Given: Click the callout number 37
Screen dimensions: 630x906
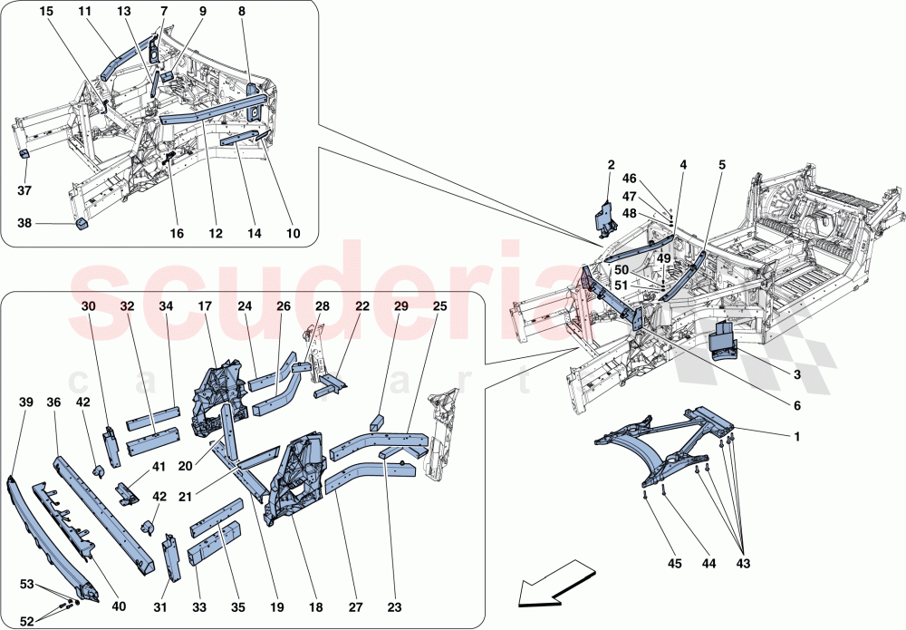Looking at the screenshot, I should tap(24, 191).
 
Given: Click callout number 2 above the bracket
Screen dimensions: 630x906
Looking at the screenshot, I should tap(611, 165).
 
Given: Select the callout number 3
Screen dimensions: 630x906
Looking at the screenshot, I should tap(796, 374).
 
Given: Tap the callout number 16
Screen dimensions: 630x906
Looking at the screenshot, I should tap(177, 234).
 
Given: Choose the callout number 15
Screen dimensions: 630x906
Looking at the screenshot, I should tap(46, 11).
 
